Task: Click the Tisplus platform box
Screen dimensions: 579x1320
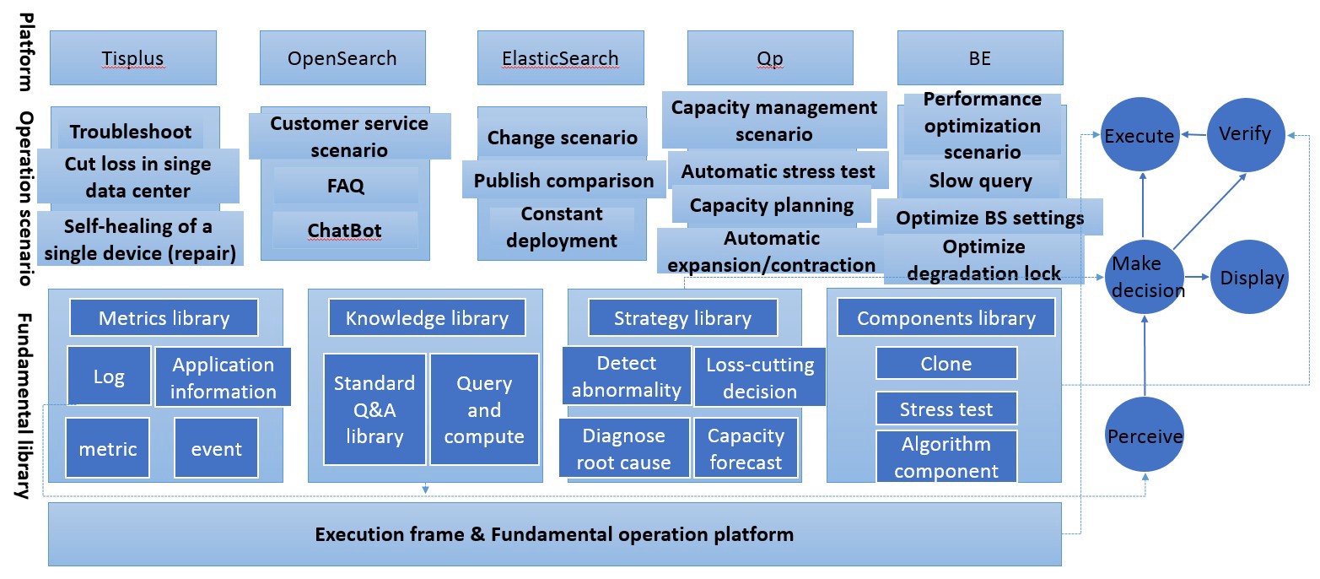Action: [132, 57]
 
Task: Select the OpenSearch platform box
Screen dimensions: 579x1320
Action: [342, 57]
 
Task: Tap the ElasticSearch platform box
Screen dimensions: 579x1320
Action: [560, 57]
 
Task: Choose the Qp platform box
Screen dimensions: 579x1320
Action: [769, 57]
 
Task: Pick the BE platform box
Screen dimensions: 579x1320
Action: [979, 57]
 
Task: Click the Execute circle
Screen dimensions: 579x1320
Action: [1140, 136]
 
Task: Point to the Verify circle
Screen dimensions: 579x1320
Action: [1245, 134]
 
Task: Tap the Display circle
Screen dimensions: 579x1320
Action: [1251, 278]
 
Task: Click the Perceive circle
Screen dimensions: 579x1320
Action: [1145, 436]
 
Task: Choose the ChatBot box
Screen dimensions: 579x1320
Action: [344, 230]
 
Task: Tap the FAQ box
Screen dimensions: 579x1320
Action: [345, 186]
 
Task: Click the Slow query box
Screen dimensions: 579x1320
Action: [980, 181]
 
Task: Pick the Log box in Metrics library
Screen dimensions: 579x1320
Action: [109, 376]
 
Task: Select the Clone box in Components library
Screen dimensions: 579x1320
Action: [946, 364]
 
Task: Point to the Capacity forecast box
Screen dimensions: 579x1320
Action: [746, 449]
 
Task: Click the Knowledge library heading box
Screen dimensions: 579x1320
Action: [427, 318]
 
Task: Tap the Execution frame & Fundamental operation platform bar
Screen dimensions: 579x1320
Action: [554, 534]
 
